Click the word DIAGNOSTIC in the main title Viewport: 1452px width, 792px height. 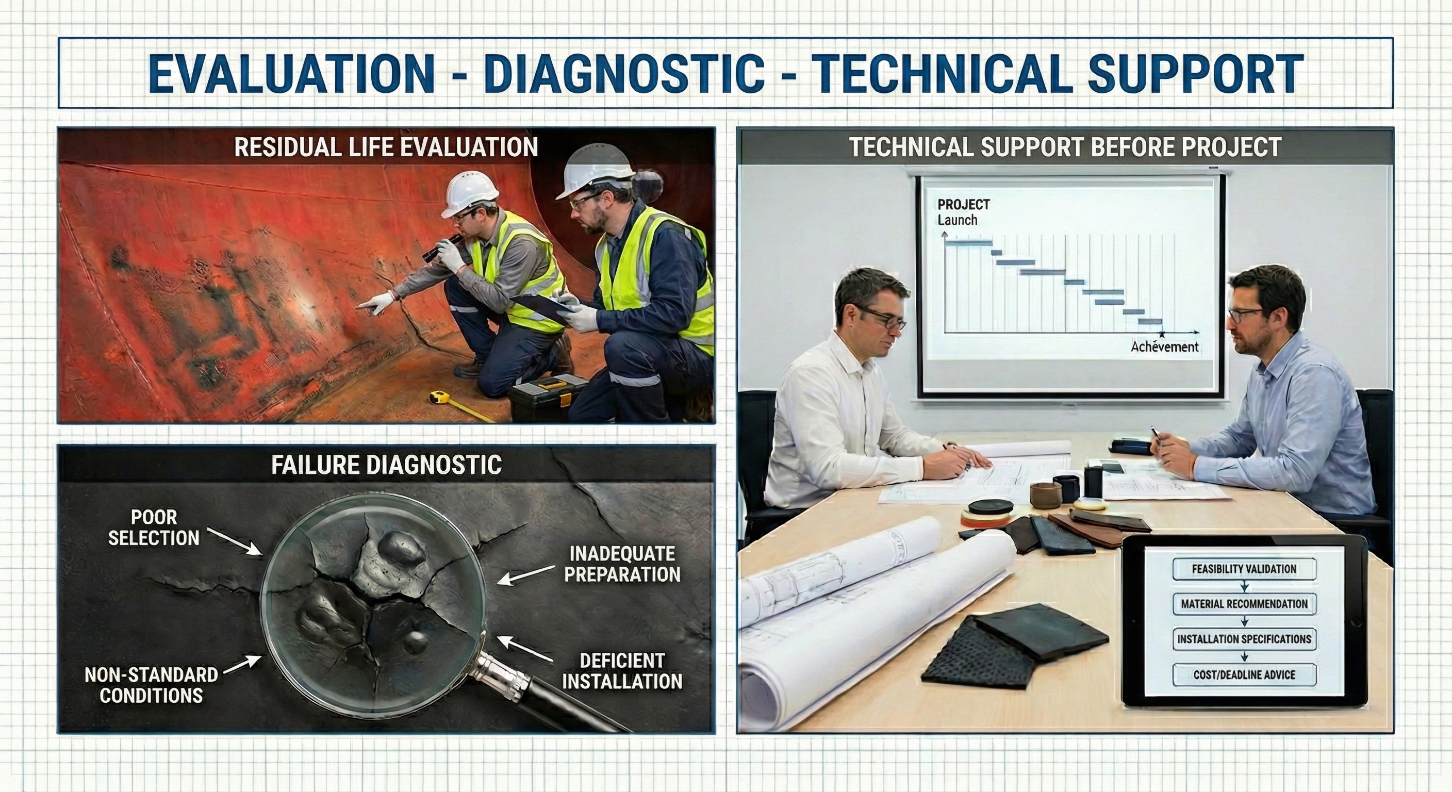tap(624, 73)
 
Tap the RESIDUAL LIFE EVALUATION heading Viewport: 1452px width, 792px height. tap(386, 147)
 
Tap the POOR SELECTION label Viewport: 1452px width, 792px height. tap(153, 527)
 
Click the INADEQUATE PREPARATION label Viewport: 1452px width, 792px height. tap(622, 564)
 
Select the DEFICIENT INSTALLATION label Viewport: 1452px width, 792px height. tap(622, 671)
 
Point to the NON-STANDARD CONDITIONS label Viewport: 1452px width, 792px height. tap(151, 684)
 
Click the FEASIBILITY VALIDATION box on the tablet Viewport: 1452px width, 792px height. tap(1244, 569)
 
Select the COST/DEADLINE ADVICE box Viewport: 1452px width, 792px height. tap(1244, 675)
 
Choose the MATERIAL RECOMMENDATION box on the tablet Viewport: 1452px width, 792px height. tap(1244, 604)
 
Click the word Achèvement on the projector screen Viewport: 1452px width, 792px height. tap(1164, 346)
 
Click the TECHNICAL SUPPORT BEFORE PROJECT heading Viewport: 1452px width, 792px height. tap(1065, 147)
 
